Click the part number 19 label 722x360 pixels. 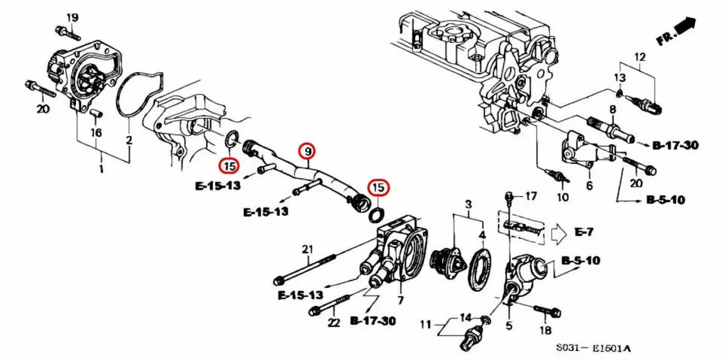point(72,17)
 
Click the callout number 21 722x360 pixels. point(306,250)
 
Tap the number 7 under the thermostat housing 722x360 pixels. point(401,301)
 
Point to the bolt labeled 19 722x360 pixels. point(66,32)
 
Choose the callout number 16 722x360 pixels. point(96,132)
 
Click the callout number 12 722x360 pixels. point(640,57)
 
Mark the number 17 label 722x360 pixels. point(531,197)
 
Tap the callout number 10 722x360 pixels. point(563,198)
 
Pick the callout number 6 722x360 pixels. point(589,185)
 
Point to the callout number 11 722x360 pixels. point(426,325)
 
